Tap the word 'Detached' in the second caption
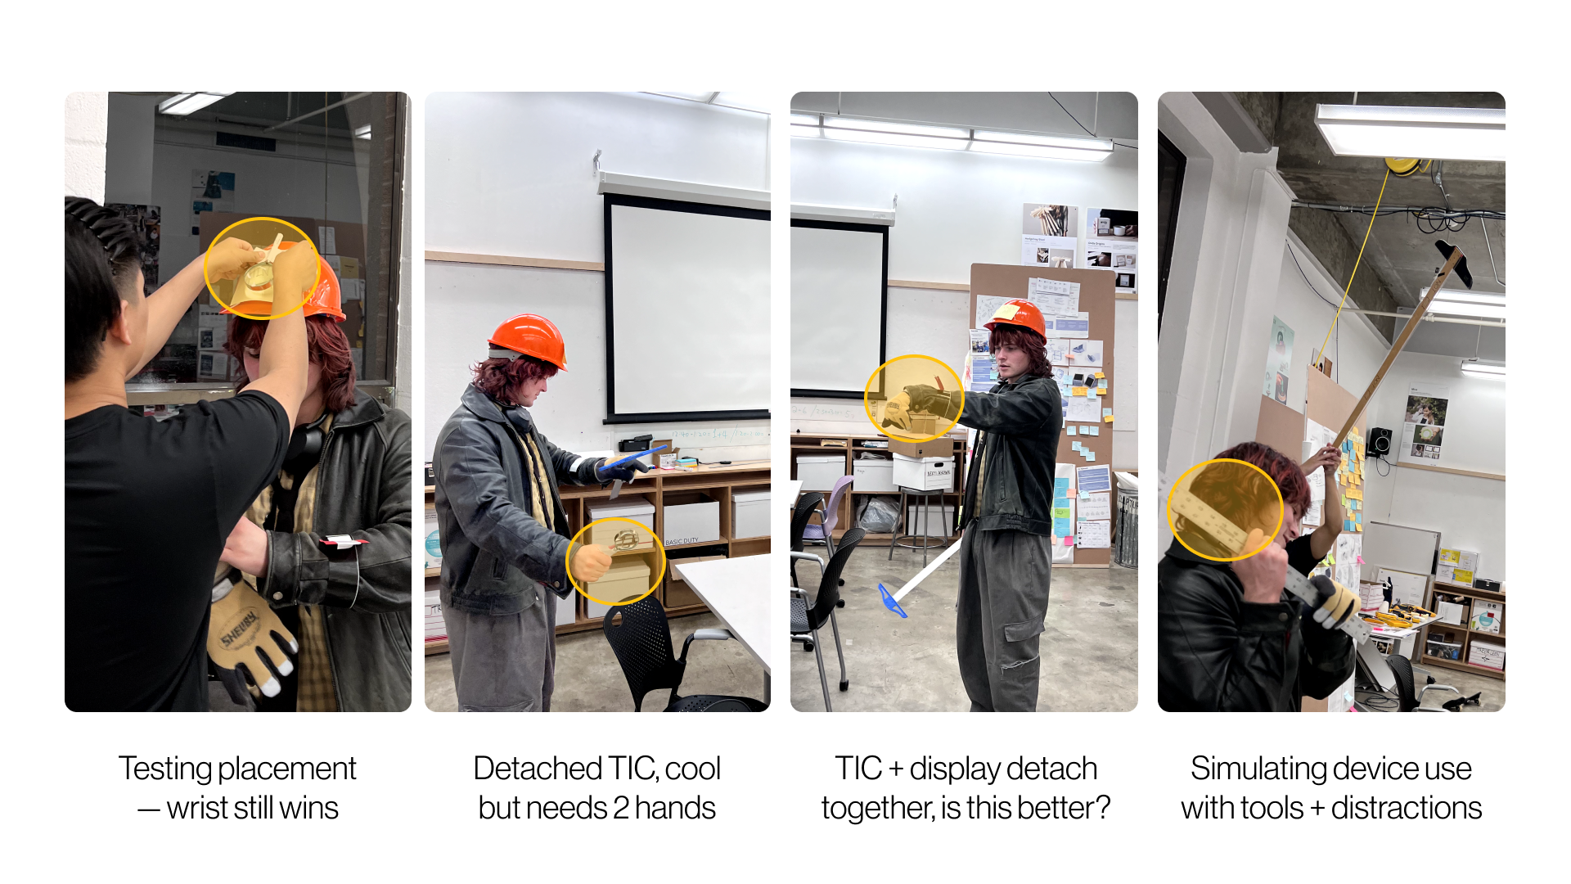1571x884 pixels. click(538, 769)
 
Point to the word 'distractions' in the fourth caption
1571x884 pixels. click(1407, 808)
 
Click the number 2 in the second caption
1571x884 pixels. click(621, 808)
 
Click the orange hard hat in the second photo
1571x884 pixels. click(528, 341)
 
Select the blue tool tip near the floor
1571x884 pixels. click(891, 601)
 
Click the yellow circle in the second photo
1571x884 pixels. click(615, 561)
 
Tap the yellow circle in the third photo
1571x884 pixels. click(914, 399)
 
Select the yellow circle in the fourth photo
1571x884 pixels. click(1225, 509)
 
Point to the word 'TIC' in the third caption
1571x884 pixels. click(858, 769)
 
